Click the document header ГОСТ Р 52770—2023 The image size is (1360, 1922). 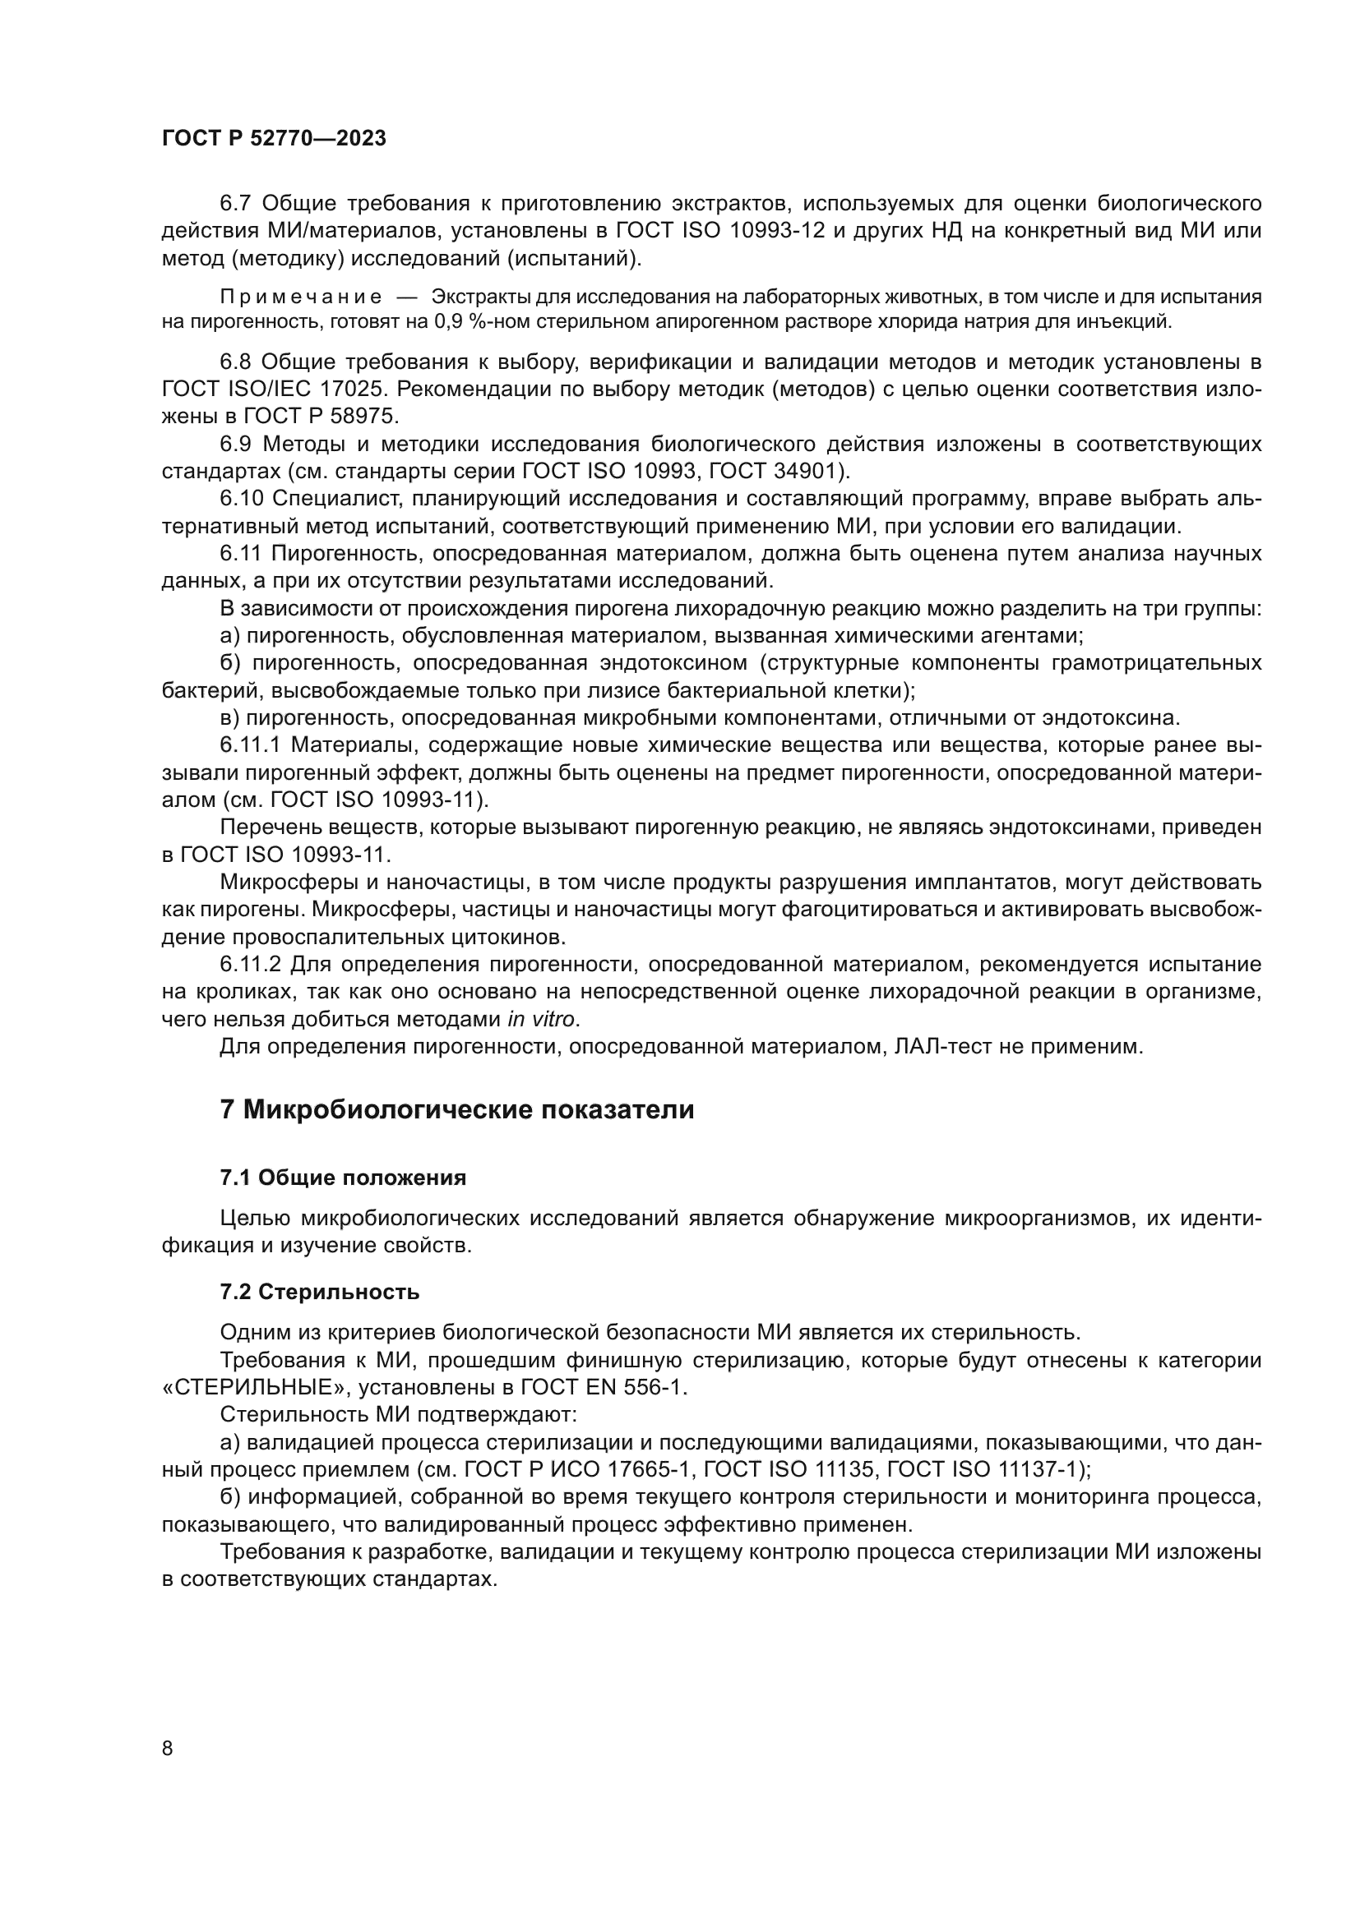(x=274, y=139)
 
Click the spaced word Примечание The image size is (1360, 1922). (x=301, y=297)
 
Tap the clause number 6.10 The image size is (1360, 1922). (x=241, y=499)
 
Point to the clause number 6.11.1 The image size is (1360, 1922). (x=250, y=746)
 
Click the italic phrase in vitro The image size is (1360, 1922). (x=542, y=1020)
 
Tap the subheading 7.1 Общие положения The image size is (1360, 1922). (x=344, y=1178)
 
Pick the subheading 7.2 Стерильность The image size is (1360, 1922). (x=320, y=1293)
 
